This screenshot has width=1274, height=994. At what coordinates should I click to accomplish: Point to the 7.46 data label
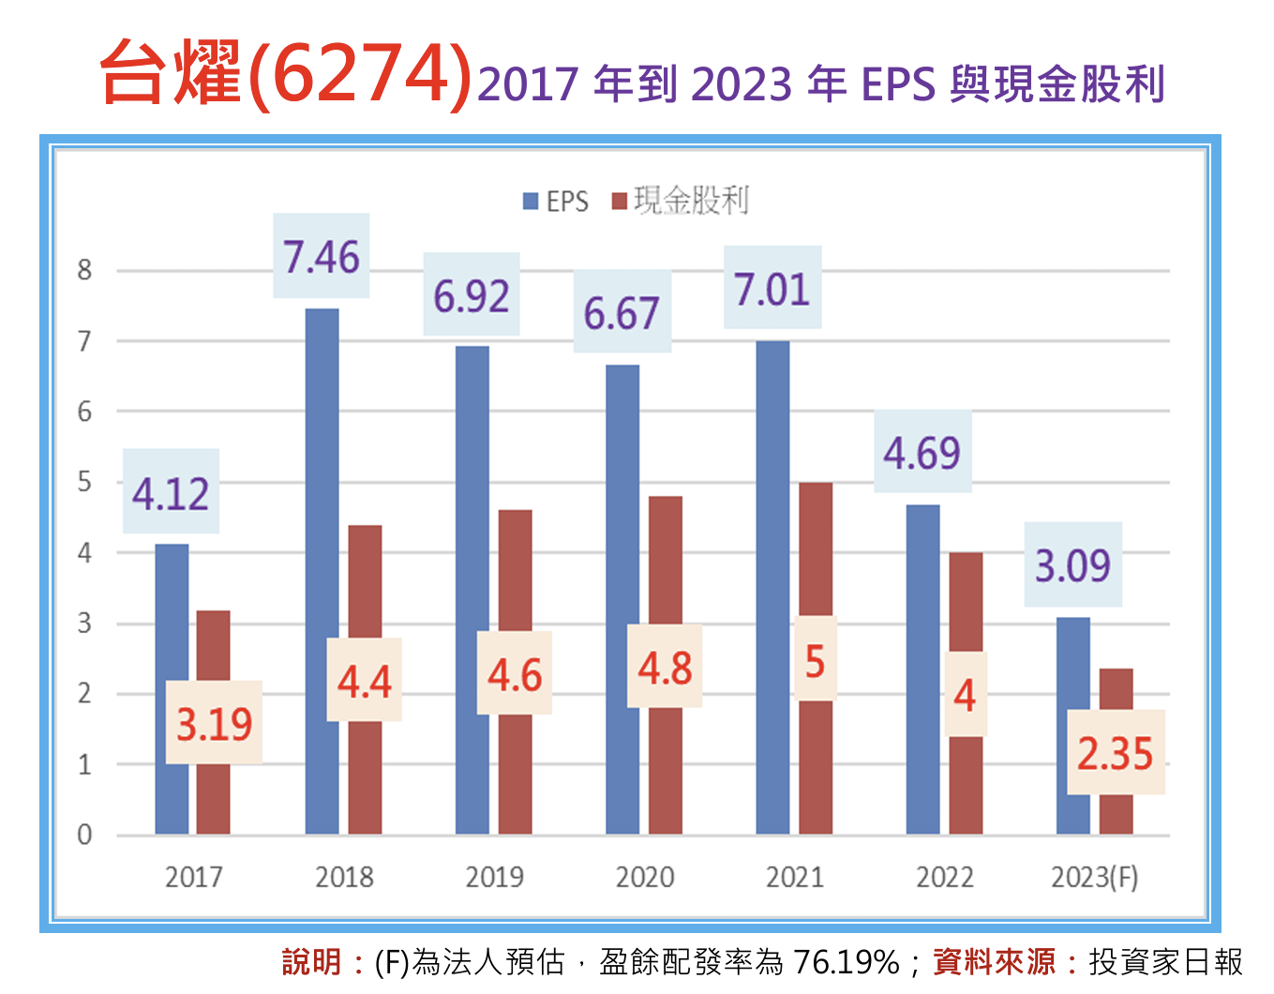(322, 257)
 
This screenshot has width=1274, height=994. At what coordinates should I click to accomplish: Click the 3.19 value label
(214, 723)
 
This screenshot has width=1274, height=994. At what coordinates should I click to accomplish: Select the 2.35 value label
(1115, 753)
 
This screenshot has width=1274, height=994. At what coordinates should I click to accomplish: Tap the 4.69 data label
(922, 453)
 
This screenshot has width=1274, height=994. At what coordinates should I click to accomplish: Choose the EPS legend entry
(556, 202)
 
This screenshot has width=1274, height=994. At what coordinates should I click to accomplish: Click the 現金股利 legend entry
(682, 201)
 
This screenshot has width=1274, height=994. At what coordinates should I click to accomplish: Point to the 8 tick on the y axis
(85, 271)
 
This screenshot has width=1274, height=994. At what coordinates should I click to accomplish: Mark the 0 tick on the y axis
(85, 835)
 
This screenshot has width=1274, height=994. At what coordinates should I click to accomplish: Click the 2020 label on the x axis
(645, 878)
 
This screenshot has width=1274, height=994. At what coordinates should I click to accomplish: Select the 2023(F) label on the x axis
(1094, 878)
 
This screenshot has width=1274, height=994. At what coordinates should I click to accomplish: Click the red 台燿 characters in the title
(171, 73)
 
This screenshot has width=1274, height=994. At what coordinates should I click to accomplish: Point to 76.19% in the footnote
(846, 962)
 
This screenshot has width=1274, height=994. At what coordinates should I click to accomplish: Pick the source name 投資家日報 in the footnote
(1165, 962)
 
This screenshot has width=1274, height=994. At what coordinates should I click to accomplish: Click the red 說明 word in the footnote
(311, 962)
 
